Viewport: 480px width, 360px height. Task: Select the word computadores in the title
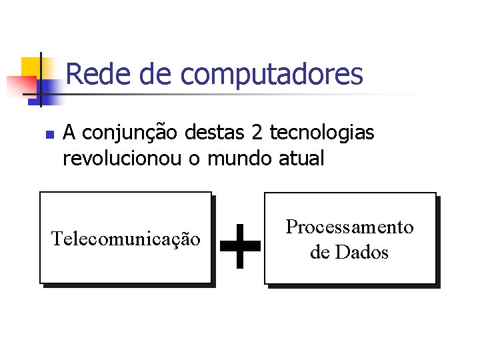(272, 75)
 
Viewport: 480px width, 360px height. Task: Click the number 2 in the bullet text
(257, 133)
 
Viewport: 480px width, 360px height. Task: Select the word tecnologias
(322, 134)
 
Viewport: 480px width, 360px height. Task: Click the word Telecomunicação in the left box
(126, 239)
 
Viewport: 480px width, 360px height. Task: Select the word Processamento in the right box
(349, 227)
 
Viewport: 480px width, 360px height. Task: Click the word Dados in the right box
(362, 253)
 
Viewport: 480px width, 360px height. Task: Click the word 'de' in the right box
(319, 253)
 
